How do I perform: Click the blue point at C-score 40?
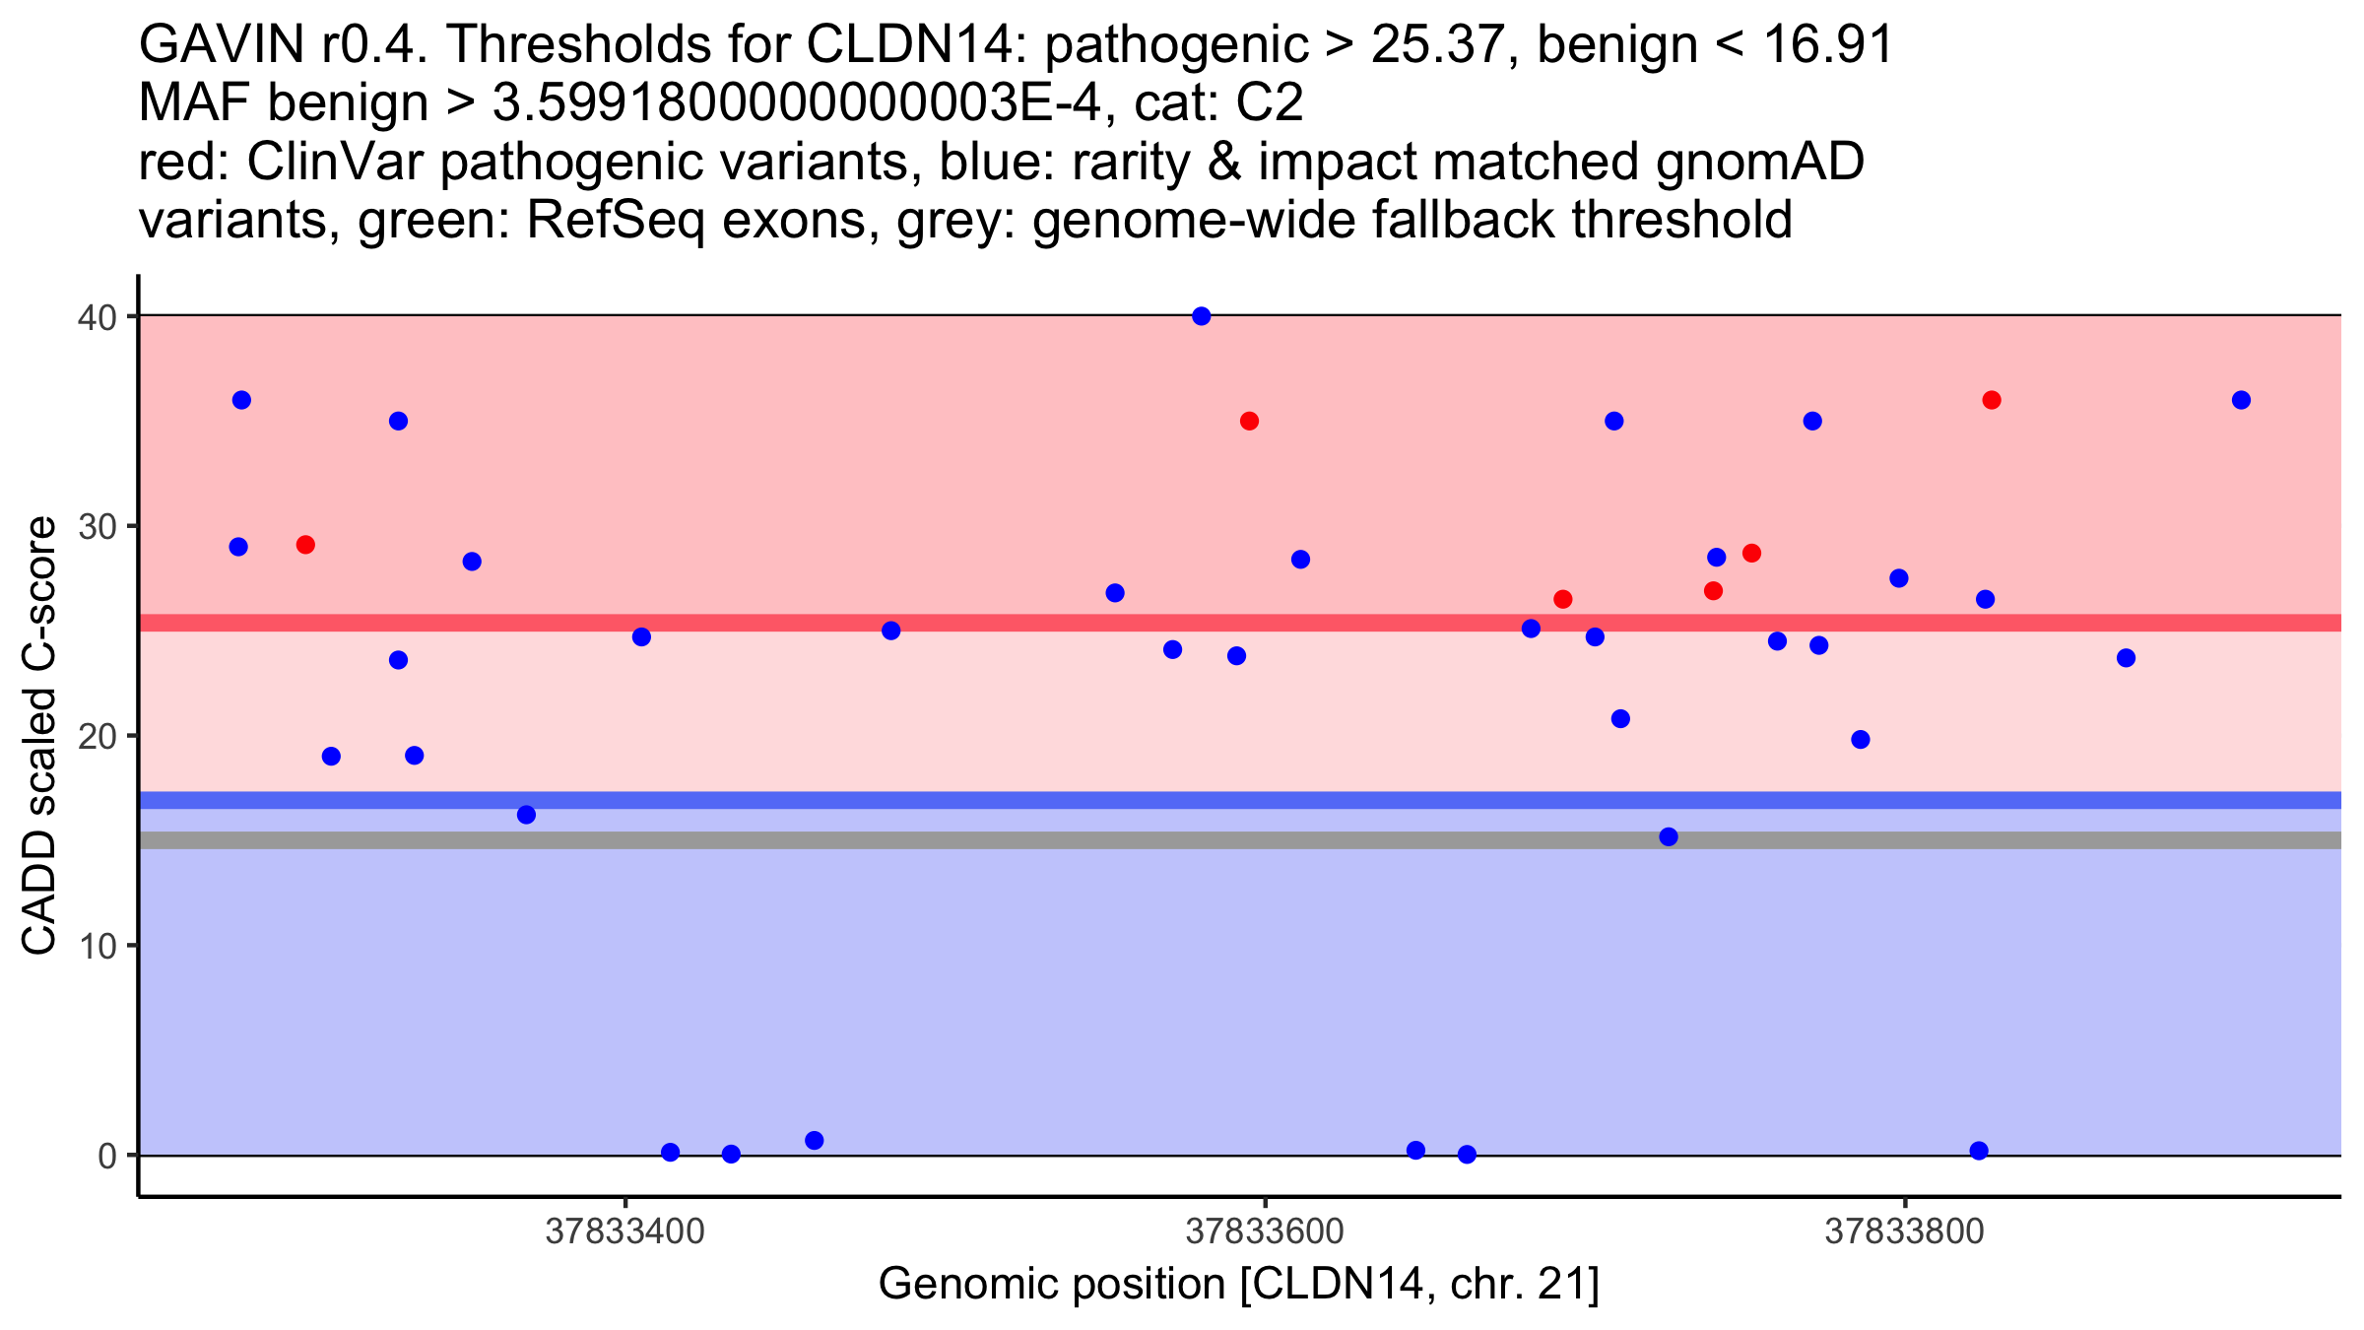click(x=1202, y=316)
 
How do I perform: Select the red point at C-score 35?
click(x=1250, y=422)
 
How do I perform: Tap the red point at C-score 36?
click(x=1992, y=400)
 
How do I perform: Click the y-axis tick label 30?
click(x=97, y=526)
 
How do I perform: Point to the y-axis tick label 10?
click(x=97, y=946)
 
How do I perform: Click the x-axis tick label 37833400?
click(x=625, y=1231)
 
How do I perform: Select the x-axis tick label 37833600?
click(x=1265, y=1231)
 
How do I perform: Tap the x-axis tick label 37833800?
click(x=1905, y=1231)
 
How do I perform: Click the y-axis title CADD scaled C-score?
click(x=39, y=737)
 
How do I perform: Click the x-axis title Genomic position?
click(x=1239, y=1285)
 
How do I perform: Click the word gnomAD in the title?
click(x=1759, y=162)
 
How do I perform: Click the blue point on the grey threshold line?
click(x=1669, y=837)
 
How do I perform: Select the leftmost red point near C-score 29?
click(x=305, y=545)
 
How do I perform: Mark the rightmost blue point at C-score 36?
click(x=2241, y=400)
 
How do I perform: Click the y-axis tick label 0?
click(x=106, y=1156)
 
